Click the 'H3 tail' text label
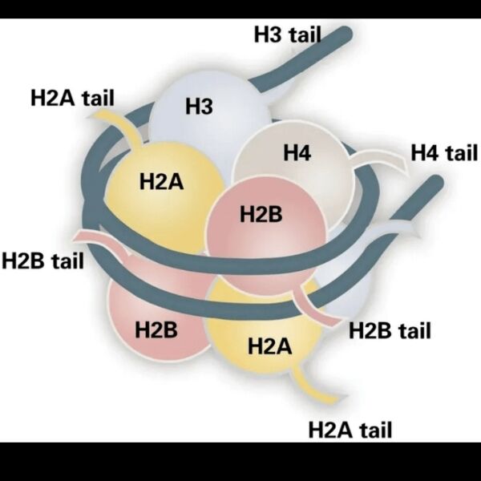pyautogui.click(x=286, y=34)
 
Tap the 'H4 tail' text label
pyautogui.click(x=443, y=152)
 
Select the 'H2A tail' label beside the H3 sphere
pyautogui.click(x=72, y=98)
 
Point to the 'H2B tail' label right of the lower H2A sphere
pyautogui.click(x=390, y=329)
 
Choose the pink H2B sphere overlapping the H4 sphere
pyautogui.click(x=257, y=224)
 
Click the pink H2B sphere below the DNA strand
pyautogui.click(x=152, y=321)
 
